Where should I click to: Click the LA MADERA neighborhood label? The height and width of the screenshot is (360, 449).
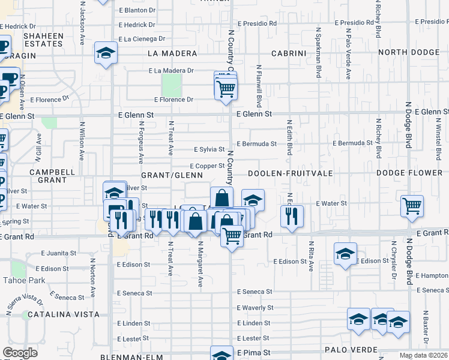click(172, 53)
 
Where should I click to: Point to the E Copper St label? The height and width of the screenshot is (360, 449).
click(207, 166)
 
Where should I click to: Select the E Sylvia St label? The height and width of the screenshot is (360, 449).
click(209, 149)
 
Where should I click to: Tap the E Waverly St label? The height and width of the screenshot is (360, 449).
click(255, 308)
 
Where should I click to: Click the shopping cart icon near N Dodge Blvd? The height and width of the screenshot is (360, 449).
click(412, 206)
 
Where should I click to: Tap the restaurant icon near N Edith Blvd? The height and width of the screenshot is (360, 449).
click(292, 216)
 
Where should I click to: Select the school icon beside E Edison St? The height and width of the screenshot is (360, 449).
click(346, 253)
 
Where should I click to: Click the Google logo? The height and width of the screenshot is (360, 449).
click(20, 352)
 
